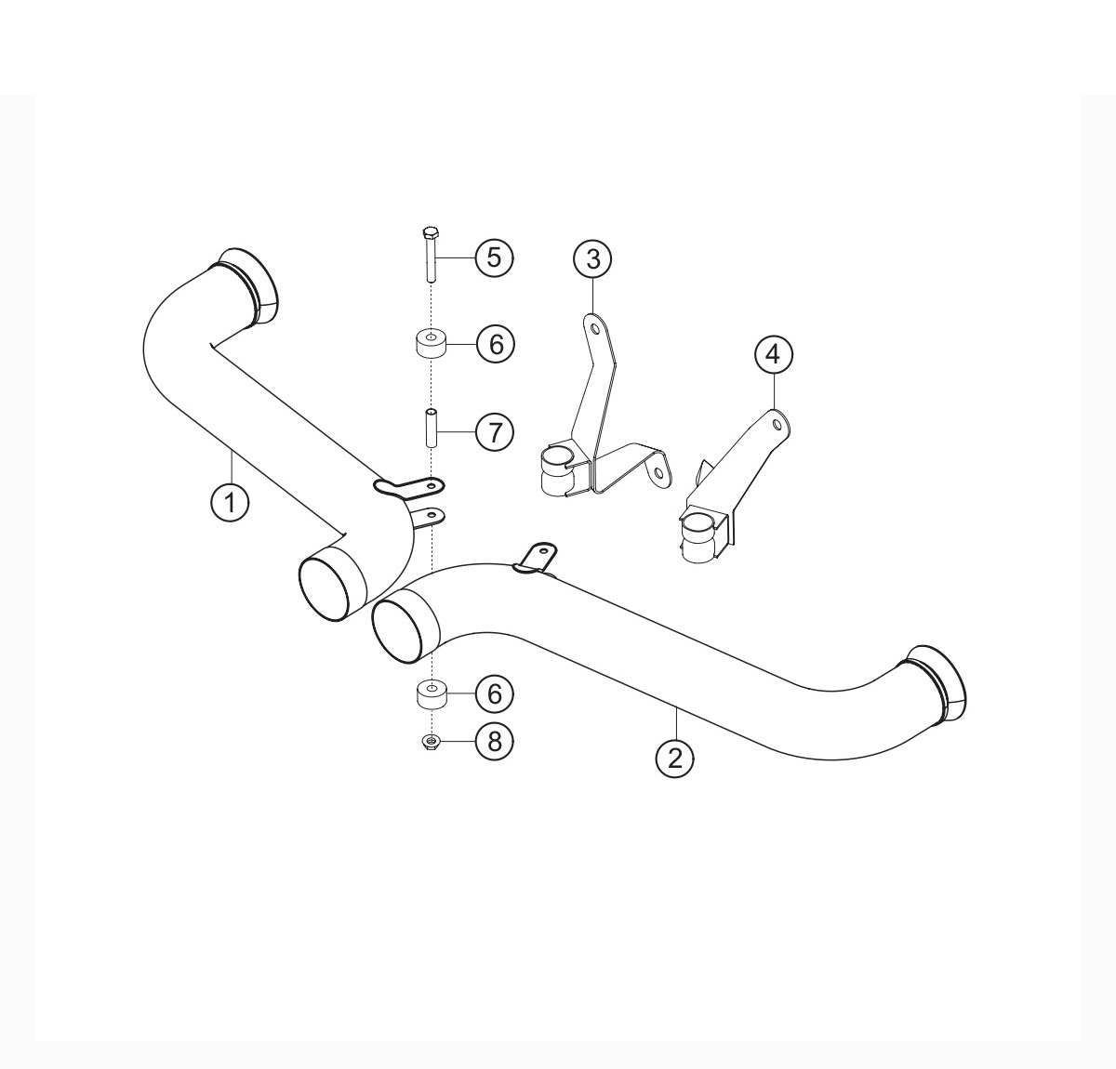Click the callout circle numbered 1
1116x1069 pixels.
230,503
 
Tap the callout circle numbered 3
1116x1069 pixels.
593,258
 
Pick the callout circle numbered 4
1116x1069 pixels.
773,354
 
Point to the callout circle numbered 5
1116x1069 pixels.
495,257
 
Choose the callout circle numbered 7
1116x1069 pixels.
495,432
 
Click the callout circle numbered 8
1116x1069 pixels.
495,742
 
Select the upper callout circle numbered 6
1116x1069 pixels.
495,344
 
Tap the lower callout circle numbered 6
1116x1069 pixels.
495,693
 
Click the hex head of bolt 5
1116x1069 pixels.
430,232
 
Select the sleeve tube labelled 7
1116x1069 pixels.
431,429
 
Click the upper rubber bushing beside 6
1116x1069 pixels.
431,343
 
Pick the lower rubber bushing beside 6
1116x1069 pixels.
431,693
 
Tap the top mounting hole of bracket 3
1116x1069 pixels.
595,329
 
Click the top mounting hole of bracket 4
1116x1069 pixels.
777,424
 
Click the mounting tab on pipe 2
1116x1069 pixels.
537,558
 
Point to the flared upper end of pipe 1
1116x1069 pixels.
252,285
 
